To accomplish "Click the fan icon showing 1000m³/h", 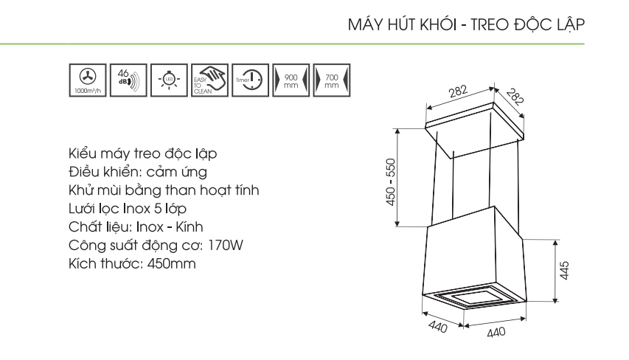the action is [x=88, y=80].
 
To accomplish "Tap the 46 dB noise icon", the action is [x=128, y=80].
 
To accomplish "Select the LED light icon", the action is [x=169, y=80].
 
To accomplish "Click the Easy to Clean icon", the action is [x=209, y=80].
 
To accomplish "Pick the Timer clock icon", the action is [x=250, y=80].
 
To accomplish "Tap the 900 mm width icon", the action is [x=291, y=80].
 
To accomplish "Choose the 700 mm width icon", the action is [x=331, y=80].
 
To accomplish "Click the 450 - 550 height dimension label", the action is [x=391, y=182].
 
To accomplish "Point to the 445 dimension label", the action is [x=564, y=271].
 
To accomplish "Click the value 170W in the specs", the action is [x=226, y=245].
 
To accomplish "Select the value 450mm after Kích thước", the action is [x=172, y=263].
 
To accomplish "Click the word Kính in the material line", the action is [x=190, y=226].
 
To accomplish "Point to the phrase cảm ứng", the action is [x=177, y=172].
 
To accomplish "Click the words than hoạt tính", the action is [x=212, y=190].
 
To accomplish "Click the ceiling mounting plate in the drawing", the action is [x=475, y=129].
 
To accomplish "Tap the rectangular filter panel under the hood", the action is [x=473, y=297].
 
